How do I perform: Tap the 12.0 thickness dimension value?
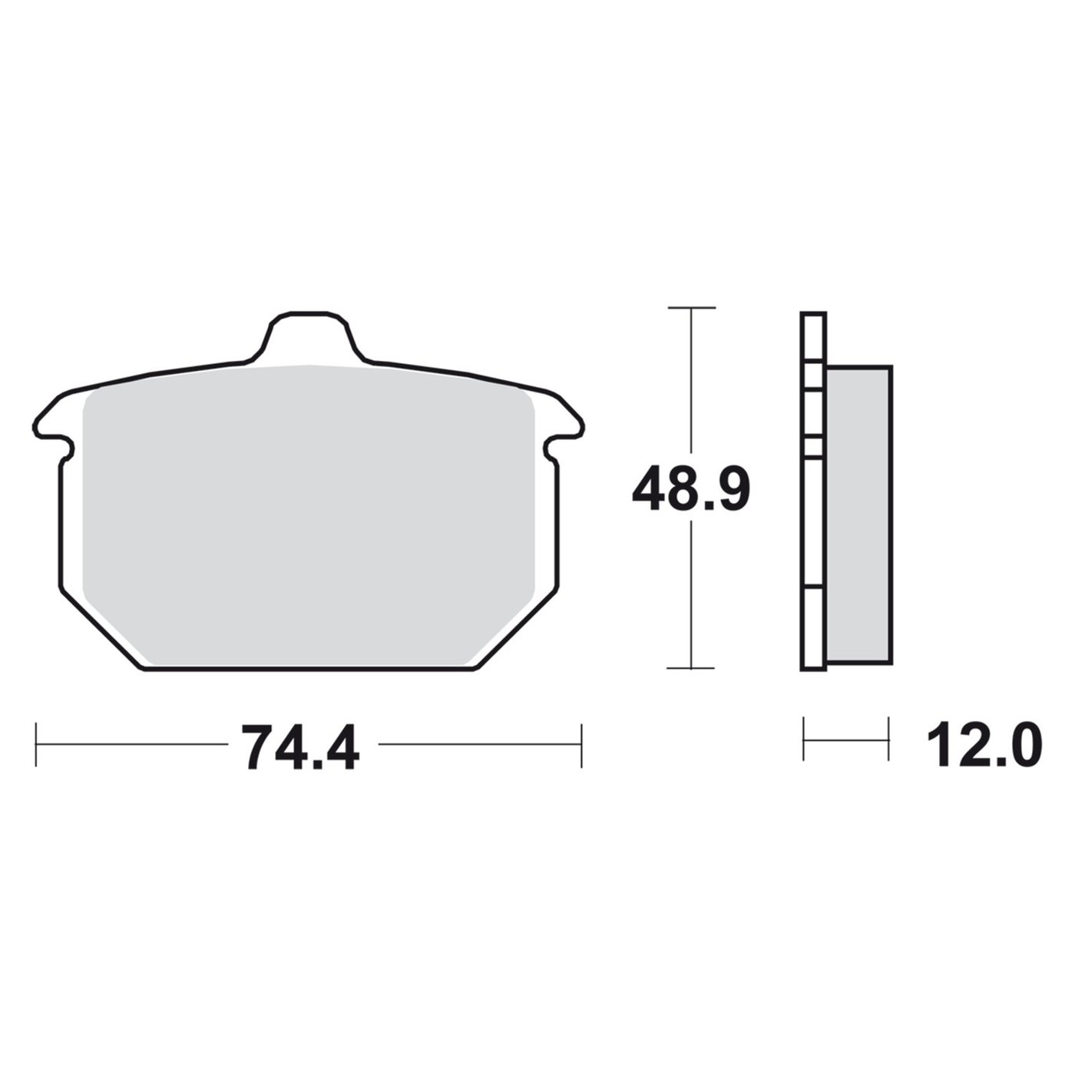[x=984, y=743]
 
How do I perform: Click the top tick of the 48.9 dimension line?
[x=691, y=307]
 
